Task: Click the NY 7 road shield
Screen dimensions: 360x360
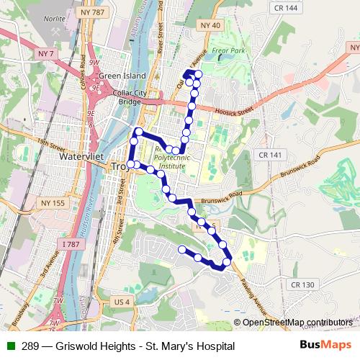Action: click(x=47, y=53)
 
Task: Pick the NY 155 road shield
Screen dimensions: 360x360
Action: click(x=55, y=203)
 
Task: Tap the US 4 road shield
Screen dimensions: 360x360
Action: click(x=122, y=301)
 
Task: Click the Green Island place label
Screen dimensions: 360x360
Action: click(x=122, y=76)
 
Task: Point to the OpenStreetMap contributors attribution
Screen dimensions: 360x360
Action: click(x=295, y=322)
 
